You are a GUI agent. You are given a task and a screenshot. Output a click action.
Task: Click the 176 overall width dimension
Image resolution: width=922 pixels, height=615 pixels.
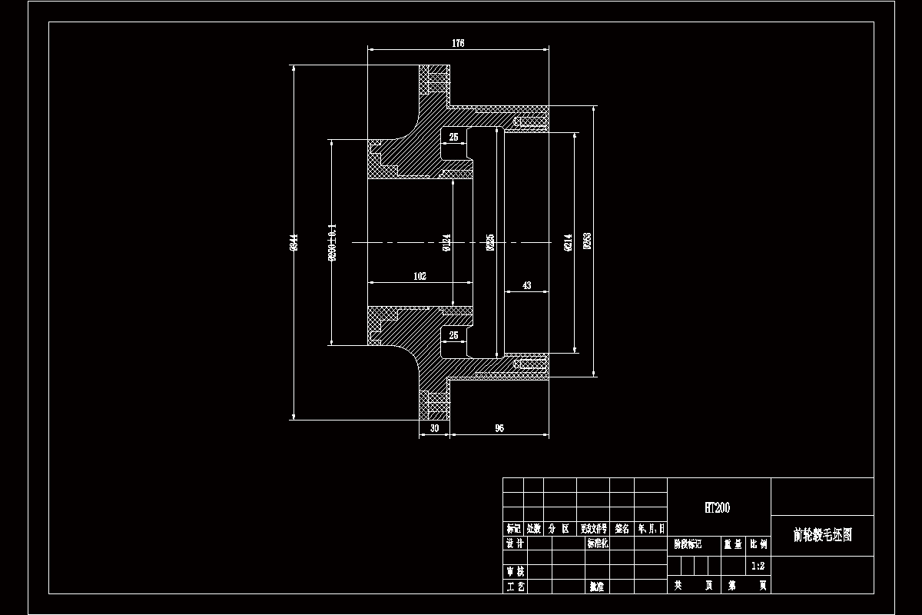click(x=458, y=44)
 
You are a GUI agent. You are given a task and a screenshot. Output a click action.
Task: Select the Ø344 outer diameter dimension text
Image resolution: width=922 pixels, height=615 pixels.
click(x=294, y=243)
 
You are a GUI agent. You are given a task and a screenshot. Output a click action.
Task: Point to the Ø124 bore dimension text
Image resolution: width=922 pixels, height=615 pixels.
click(x=447, y=243)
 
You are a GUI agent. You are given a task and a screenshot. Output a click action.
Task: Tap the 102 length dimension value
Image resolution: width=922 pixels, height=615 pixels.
click(x=420, y=276)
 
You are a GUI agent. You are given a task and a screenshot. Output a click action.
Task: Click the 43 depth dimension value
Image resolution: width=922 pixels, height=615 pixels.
click(x=526, y=285)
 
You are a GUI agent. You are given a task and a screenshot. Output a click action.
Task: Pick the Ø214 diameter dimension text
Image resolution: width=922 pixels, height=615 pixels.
click(x=569, y=243)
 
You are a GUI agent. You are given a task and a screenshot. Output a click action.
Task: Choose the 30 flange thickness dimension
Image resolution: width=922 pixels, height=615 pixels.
click(x=434, y=428)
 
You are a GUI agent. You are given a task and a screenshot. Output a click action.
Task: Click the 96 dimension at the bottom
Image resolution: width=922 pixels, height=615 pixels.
click(x=499, y=428)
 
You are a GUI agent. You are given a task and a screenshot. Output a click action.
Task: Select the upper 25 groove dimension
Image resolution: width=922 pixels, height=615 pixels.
click(x=453, y=137)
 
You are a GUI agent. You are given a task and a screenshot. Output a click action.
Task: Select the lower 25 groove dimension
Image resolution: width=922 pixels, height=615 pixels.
click(x=453, y=335)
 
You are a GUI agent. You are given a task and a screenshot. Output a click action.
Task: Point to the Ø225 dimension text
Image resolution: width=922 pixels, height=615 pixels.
click(x=490, y=243)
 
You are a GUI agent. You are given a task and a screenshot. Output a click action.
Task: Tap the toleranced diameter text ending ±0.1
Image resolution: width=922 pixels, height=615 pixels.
click(x=332, y=243)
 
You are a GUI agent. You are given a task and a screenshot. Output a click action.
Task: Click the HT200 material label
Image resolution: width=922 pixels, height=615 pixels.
click(x=718, y=507)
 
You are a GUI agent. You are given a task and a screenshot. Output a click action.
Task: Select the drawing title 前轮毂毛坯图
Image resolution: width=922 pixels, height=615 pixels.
click(x=822, y=535)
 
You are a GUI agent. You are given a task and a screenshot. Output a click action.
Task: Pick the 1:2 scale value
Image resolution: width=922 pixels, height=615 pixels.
click(x=758, y=565)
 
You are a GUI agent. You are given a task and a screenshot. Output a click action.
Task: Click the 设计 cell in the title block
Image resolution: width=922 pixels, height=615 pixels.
click(x=515, y=544)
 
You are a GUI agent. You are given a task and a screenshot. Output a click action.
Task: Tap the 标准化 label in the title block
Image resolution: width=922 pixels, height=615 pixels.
click(x=598, y=544)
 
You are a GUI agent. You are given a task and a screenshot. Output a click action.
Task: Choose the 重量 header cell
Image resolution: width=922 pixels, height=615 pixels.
click(x=732, y=544)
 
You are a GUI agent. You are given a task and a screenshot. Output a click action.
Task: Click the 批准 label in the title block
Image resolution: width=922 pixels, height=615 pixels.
click(x=597, y=587)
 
